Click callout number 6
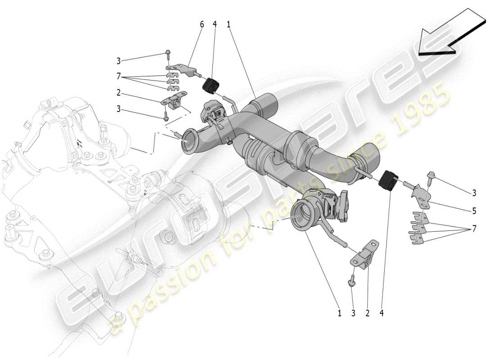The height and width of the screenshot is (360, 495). tap(202, 24)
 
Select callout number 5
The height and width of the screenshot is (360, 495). tap(474, 210)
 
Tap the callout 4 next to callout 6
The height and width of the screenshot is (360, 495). tap(215, 24)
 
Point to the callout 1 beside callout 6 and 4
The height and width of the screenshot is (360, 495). tap(229, 24)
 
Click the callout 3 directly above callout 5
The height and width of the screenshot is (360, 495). tap(474, 193)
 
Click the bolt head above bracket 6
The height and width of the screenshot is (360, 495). tap(168, 53)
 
